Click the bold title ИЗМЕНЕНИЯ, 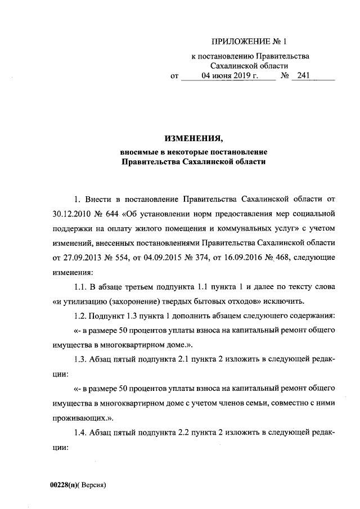193,138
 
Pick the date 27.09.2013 69,258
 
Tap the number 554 110,258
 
